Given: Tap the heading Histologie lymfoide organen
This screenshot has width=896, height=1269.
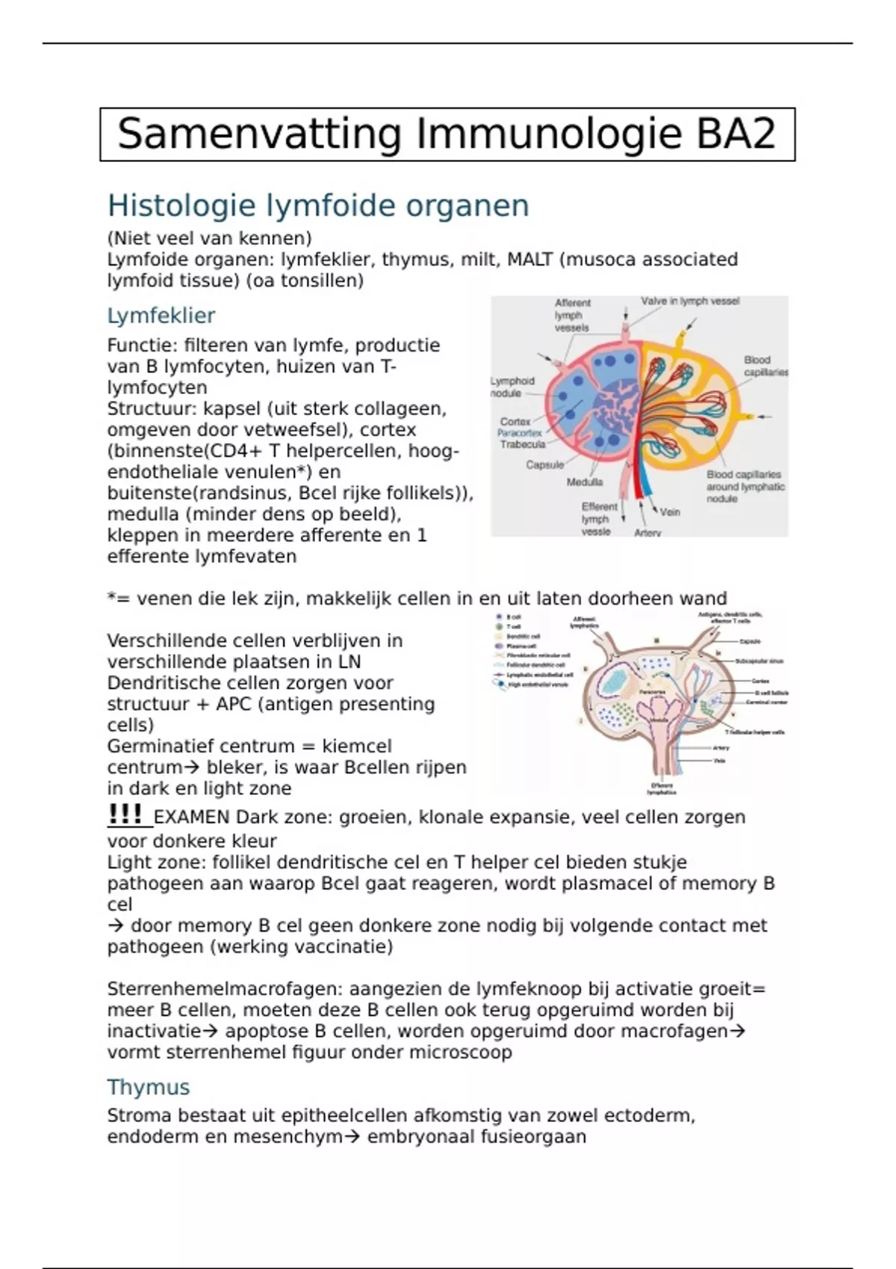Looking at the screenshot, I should pyautogui.click(x=318, y=205).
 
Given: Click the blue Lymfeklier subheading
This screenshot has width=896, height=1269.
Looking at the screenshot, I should pyautogui.click(x=161, y=316).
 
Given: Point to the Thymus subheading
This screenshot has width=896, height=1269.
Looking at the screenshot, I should pyautogui.click(x=149, y=1087).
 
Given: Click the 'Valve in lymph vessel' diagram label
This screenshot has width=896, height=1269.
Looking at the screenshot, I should pyautogui.click(x=690, y=302).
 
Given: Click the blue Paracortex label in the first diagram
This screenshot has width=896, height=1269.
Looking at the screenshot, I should pyautogui.click(x=520, y=433).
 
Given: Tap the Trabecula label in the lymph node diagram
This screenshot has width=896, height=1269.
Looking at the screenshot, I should pyautogui.click(x=523, y=444).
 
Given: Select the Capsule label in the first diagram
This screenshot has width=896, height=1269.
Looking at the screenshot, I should pyautogui.click(x=545, y=465).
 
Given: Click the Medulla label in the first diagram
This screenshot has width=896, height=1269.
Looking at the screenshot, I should pyautogui.click(x=585, y=482).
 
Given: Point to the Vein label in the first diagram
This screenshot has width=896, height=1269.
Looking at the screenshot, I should pyautogui.click(x=670, y=512).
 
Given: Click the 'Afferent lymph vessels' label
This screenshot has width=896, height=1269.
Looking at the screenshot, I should pyautogui.click(x=572, y=315).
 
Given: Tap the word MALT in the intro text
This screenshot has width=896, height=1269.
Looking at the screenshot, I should pyautogui.click(x=529, y=260).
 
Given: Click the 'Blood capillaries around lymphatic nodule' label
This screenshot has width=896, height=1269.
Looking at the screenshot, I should pyautogui.click(x=744, y=487).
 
